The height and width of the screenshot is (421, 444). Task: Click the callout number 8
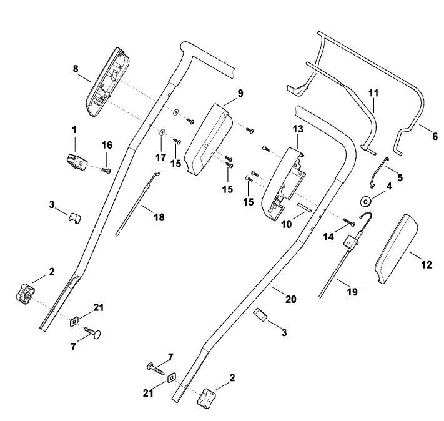pos(76,69)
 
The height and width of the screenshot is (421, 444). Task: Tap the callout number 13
pos(298,129)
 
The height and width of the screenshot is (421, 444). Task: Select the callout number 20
pos(291,299)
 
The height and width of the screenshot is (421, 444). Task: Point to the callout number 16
pos(107,145)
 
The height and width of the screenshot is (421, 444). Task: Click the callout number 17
pos(161,157)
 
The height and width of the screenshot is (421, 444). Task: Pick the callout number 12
pos(427,265)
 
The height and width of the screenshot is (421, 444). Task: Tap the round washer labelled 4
pos(367,201)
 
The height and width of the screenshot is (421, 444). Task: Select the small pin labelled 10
pos(304,207)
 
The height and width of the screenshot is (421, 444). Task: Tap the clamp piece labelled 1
pos(77,162)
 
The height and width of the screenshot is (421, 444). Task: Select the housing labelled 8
pos(107,82)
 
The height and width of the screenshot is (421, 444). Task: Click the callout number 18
pos(159,217)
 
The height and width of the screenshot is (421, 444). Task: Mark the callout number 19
pos(352,292)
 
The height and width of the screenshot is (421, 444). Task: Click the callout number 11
pos(373,93)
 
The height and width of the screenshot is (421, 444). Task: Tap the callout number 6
pos(435,136)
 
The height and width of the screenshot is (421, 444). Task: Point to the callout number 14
pos(328,237)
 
